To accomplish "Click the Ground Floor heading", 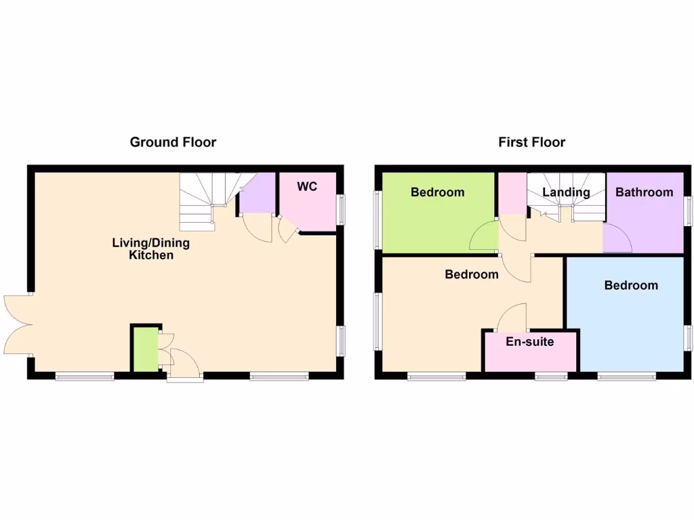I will (173, 142).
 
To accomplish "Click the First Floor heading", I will (531, 142).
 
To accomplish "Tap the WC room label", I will (307, 186).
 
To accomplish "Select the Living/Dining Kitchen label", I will (151, 248).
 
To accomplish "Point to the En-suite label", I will (529, 341).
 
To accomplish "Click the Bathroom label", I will (644, 192).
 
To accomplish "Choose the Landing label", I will (566, 192).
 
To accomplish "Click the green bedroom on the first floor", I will (438, 210).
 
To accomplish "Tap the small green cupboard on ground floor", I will (144, 349).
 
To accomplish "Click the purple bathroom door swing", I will (617, 238).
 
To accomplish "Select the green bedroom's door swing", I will (485, 237).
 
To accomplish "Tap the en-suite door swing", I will (513, 316).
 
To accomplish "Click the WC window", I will (341, 210).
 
